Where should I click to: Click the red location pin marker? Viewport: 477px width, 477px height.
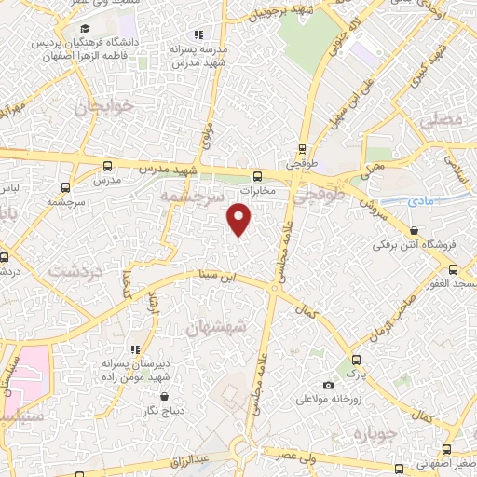point(239,219)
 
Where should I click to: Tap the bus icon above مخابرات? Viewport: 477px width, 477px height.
point(257,175)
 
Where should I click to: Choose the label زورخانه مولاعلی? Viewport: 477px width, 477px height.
point(328,400)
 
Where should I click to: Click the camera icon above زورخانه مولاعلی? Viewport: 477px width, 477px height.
point(328,385)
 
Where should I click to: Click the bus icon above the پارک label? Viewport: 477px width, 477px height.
point(353,359)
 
